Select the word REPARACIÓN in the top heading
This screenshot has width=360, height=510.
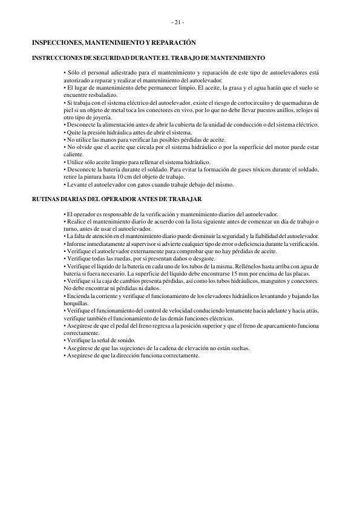click(x=175, y=44)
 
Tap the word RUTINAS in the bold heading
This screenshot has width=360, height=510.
click(x=46, y=199)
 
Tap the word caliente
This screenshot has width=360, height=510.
click(x=74, y=154)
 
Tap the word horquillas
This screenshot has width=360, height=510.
click(x=76, y=302)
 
